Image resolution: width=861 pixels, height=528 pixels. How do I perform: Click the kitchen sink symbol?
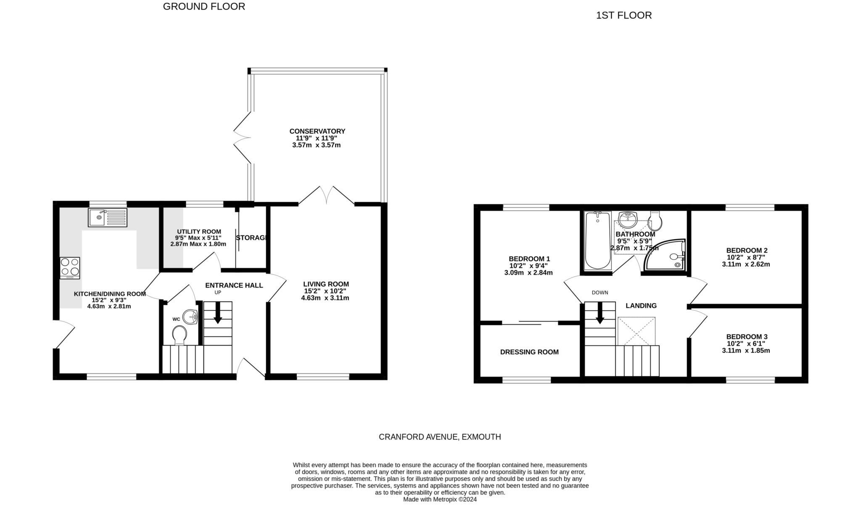(x=107, y=217)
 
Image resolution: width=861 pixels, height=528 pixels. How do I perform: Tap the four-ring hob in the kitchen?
(x=70, y=267)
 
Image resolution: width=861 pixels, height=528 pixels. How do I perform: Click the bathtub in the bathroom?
(x=597, y=240)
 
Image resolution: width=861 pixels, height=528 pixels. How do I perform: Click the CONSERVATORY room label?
(x=317, y=131)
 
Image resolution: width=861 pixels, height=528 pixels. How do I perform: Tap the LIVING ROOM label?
(x=326, y=284)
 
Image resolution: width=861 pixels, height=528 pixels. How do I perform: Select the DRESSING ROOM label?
(x=529, y=352)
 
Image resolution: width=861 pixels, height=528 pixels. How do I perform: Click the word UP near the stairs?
(x=218, y=292)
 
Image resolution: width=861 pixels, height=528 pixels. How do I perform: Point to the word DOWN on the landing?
(x=600, y=293)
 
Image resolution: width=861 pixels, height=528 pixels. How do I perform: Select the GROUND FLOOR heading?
(x=204, y=7)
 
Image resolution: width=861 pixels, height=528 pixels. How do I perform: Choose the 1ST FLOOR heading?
(x=623, y=16)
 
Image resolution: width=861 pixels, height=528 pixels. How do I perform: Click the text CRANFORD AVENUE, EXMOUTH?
(x=440, y=437)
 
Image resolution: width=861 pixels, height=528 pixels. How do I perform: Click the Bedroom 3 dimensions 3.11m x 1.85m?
(x=746, y=350)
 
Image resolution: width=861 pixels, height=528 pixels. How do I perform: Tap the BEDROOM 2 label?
(x=747, y=251)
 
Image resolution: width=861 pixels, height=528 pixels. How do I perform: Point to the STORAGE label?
(x=251, y=238)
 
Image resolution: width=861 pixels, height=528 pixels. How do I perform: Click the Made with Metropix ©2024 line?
(x=440, y=499)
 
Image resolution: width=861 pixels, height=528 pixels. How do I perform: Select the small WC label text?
(x=176, y=319)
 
